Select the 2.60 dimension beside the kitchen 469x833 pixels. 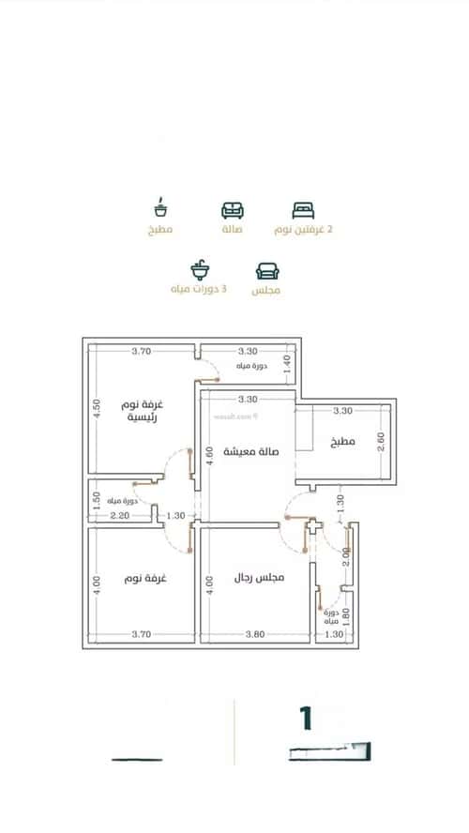click(380, 441)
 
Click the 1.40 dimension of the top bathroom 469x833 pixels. click(287, 359)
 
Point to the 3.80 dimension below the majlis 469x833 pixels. click(253, 635)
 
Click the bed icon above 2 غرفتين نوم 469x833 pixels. click(301, 209)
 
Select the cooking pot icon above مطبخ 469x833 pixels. click(160, 207)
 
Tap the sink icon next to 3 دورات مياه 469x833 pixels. click(200, 271)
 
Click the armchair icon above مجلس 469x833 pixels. click(266, 271)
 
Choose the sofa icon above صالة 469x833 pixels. click(231, 209)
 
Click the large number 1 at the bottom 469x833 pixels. click(305, 719)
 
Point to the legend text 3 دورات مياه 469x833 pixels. click(198, 291)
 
